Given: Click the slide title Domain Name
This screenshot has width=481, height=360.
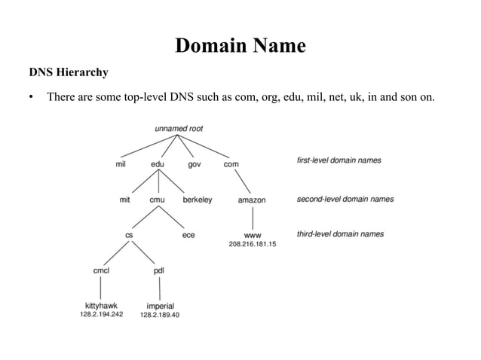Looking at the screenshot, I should [x=240, y=46].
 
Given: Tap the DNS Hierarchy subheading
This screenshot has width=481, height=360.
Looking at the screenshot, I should [x=68, y=73].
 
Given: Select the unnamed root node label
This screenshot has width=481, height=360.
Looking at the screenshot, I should [x=179, y=129].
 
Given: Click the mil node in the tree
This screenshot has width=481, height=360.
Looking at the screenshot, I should [x=121, y=163].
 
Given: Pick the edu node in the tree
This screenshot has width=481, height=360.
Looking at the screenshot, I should [x=158, y=163].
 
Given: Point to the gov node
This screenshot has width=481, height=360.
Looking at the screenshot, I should [x=195, y=163].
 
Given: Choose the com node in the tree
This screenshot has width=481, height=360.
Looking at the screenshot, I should [x=231, y=163].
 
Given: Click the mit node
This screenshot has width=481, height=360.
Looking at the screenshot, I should [x=125, y=200].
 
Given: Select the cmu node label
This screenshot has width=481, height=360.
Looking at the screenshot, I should [x=158, y=200].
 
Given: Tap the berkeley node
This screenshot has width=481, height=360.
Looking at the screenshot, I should [x=198, y=200].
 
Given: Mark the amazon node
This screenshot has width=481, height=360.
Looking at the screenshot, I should [x=252, y=200].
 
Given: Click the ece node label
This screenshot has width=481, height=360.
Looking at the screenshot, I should [x=188, y=235].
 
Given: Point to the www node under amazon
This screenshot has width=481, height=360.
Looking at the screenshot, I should [x=252, y=235].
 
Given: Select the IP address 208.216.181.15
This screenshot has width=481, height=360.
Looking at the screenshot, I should [x=252, y=244].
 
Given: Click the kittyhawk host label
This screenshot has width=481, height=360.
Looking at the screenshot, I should [x=102, y=306].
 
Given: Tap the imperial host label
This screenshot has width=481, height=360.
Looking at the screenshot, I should [x=160, y=306].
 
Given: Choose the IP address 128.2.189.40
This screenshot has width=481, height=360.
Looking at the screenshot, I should [x=160, y=315].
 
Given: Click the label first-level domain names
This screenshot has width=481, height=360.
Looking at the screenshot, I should [x=339, y=160].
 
